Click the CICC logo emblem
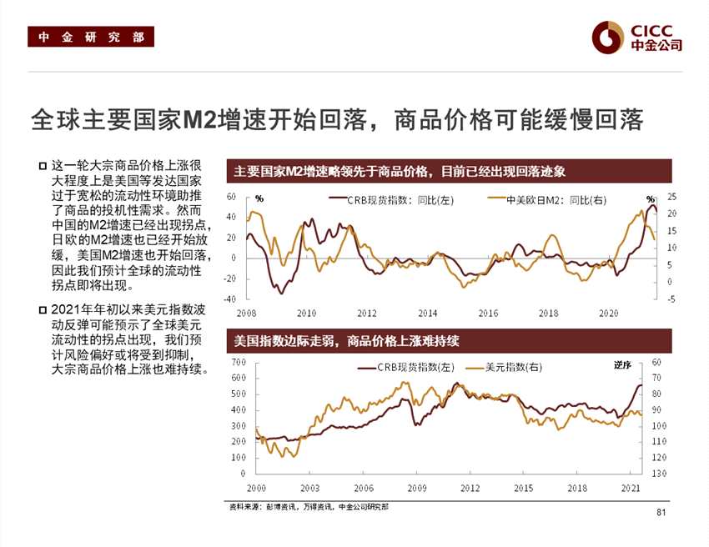607,37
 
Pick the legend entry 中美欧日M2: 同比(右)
556,199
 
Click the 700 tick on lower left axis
238,362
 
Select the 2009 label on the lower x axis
416,488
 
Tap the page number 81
662,511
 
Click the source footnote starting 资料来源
308,507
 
